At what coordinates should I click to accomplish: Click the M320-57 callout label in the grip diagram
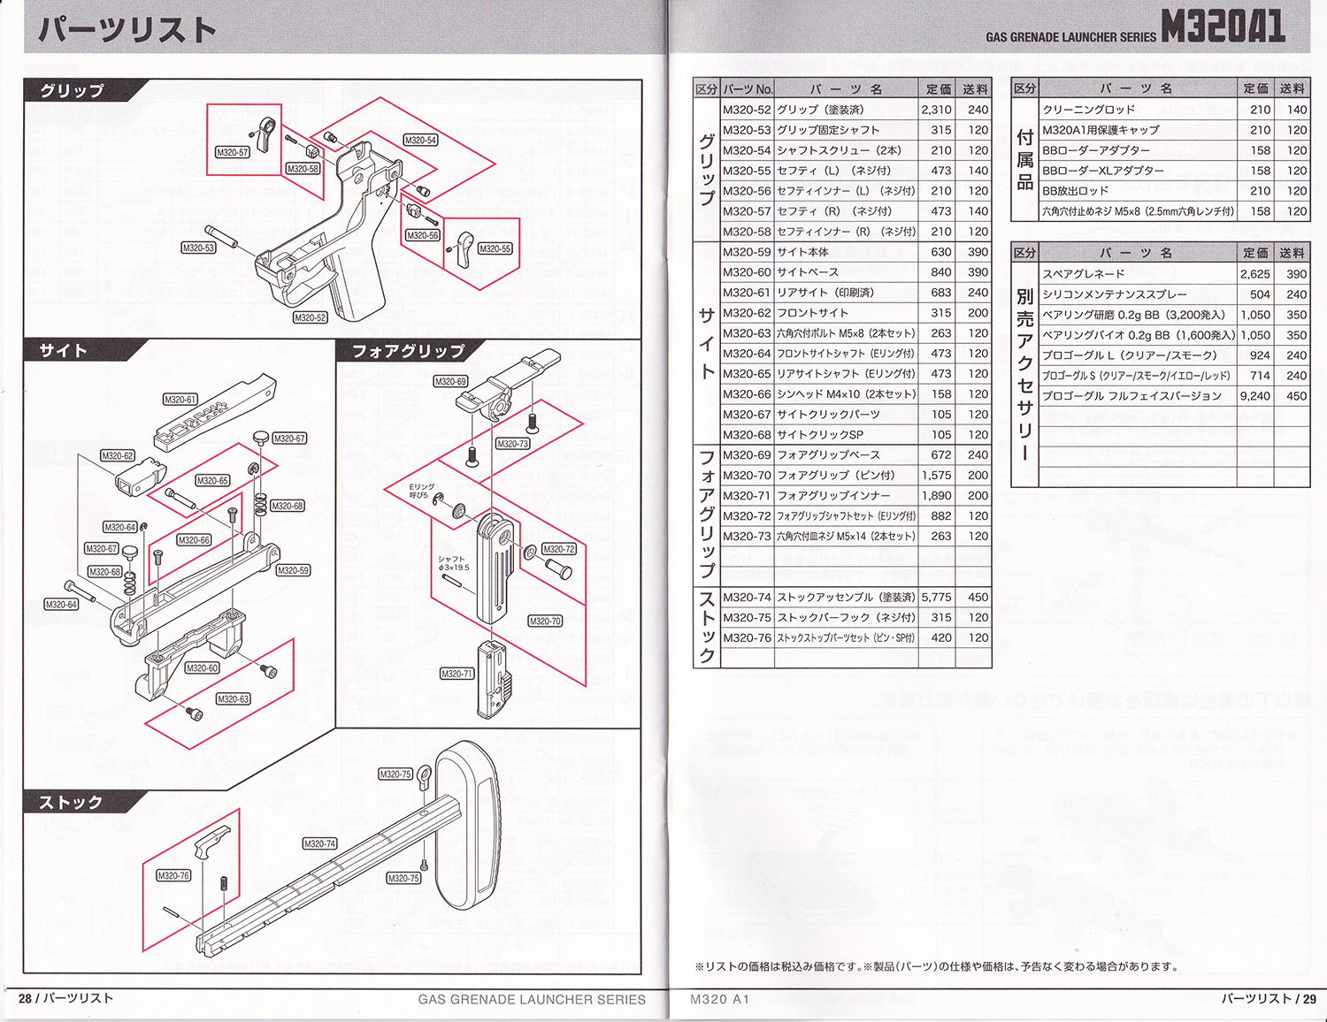tap(232, 152)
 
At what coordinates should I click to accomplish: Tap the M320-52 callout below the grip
tap(310, 317)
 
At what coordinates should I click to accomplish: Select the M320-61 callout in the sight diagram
tap(180, 400)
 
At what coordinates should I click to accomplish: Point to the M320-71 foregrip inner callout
tap(456, 674)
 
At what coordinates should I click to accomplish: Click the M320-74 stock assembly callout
tap(319, 843)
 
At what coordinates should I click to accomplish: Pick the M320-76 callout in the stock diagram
tap(173, 875)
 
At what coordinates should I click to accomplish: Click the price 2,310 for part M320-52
tap(936, 110)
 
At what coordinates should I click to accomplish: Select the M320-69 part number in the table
tap(747, 455)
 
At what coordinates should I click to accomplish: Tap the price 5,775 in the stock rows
tap(936, 598)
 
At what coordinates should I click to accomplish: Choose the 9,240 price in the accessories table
tap(1254, 396)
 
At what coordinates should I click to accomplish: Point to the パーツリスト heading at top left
tap(127, 30)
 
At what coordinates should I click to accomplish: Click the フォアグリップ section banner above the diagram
tap(408, 351)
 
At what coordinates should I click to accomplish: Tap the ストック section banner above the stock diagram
tap(71, 802)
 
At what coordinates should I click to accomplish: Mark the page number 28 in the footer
tap(25, 998)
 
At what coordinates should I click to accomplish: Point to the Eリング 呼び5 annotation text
tap(422, 491)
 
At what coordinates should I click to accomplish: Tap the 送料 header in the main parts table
tap(975, 89)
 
